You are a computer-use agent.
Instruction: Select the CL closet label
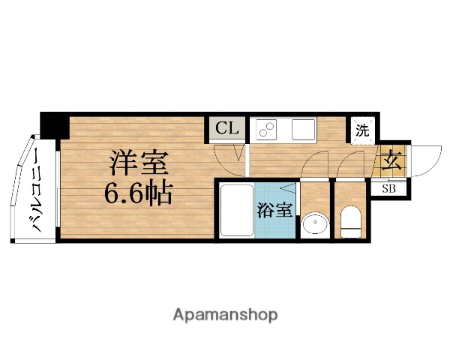coord(227,129)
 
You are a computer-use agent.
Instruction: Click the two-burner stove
coord(267,129)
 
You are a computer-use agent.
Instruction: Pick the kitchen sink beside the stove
coord(303,129)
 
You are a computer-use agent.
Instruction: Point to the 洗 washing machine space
coord(362,129)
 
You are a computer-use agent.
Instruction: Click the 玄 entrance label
coord(391,160)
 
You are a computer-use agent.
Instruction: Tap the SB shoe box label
coord(389,187)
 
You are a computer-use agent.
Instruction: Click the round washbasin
coord(315,224)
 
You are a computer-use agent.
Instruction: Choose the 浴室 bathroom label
coord(274,210)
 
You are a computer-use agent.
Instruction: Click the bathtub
coord(235,211)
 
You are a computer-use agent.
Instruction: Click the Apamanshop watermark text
coord(226,314)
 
